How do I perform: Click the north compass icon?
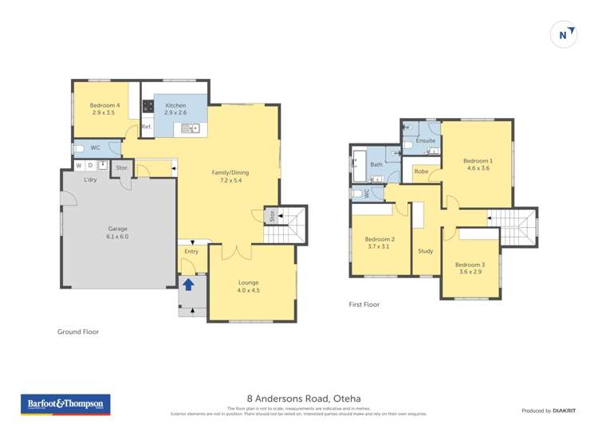(564, 34)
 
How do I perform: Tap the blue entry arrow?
(189, 285)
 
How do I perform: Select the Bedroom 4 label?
(105, 109)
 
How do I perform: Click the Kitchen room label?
(175, 109)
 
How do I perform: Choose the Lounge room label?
(248, 286)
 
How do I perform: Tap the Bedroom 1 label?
(478, 164)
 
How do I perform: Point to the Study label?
(426, 251)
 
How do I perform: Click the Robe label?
(421, 171)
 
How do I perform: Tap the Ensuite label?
(426, 140)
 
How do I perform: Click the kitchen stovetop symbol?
(148, 106)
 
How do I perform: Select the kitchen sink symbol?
(189, 128)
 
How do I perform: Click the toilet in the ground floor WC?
(80, 148)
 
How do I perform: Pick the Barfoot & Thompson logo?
(65, 405)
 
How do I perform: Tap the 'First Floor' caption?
(364, 304)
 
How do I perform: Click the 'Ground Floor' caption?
(78, 332)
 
